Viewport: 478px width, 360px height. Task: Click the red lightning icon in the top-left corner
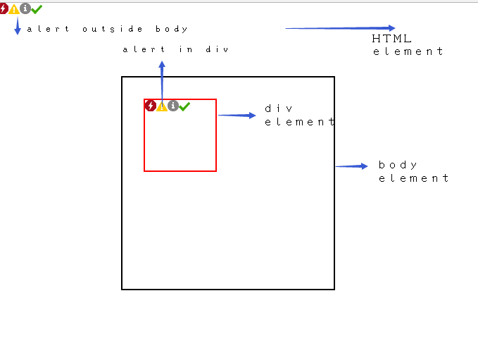(3, 9)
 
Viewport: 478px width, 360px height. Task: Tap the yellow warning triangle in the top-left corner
(14, 9)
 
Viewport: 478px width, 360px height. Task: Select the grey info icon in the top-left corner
(25, 8)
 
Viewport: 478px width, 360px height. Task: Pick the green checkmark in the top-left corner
(37, 9)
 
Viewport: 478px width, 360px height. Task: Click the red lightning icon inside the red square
(151, 106)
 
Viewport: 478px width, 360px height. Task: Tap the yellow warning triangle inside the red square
(162, 106)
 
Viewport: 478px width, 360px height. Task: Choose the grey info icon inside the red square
(173, 106)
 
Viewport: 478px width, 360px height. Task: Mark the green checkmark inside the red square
(184, 106)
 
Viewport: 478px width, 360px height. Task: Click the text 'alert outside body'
(108, 29)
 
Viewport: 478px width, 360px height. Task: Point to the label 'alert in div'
(176, 49)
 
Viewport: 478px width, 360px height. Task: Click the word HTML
(391, 39)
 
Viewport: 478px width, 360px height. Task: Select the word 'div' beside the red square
(279, 108)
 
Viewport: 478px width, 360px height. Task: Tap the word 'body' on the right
(398, 165)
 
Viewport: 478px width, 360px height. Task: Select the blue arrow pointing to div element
(237, 116)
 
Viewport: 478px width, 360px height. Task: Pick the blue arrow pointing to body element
(351, 166)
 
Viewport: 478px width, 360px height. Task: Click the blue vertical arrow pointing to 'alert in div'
(162, 83)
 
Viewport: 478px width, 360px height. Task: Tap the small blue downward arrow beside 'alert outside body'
(18, 27)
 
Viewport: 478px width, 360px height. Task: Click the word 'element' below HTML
(408, 51)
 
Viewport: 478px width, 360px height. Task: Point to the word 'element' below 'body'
(414, 178)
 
